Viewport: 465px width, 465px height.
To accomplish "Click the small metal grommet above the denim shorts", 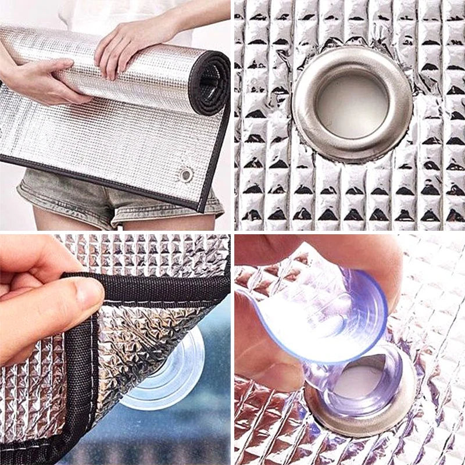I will pos(185,174).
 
